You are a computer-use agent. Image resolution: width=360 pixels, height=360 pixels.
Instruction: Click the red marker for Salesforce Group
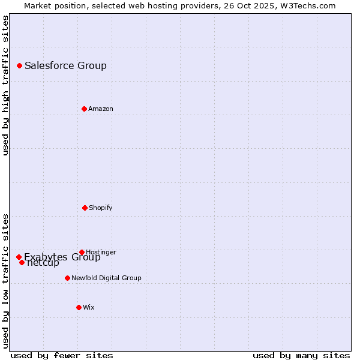[19, 65]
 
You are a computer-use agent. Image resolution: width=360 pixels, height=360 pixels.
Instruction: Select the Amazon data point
[84, 109]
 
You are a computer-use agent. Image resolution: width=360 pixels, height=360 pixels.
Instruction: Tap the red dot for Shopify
[85, 208]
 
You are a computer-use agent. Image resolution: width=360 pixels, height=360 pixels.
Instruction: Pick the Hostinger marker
[82, 252]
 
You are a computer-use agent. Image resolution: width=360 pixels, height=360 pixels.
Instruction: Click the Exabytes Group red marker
[19, 257]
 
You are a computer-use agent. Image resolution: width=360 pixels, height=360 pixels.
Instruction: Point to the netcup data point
[22, 262]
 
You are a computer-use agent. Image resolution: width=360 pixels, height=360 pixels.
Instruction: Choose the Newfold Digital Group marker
[67, 278]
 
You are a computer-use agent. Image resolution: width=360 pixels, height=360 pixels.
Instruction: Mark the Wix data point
[79, 307]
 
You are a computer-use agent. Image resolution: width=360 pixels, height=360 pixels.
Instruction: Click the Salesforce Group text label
[65, 65]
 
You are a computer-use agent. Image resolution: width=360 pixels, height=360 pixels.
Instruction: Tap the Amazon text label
[101, 109]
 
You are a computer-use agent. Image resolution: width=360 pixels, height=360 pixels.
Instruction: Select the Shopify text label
[101, 208]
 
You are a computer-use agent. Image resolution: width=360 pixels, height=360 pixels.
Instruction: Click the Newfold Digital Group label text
[106, 278]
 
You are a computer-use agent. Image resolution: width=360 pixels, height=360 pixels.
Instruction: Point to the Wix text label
[89, 307]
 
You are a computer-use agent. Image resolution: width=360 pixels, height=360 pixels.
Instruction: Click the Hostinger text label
[101, 252]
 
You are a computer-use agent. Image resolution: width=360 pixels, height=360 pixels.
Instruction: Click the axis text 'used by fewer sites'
[62, 355]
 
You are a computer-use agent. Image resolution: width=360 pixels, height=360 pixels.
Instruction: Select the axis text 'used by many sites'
[301, 355]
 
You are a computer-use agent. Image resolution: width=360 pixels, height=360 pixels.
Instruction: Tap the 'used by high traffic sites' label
[6, 85]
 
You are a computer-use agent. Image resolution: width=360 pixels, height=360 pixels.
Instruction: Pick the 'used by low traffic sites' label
[6, 280]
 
